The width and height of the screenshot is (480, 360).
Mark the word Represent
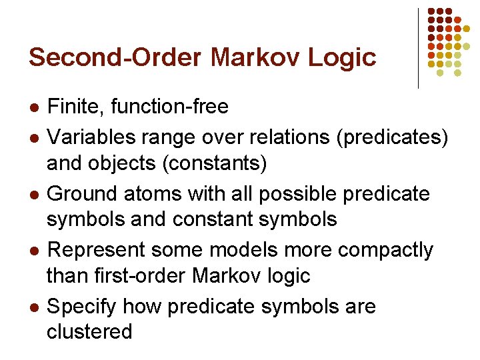(x=97, y=251)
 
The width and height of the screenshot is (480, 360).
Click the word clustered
(x=89, y=331)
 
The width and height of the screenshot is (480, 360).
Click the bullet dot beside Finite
(x=34, y=107)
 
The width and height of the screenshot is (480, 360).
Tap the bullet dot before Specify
(x=34, y=308)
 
